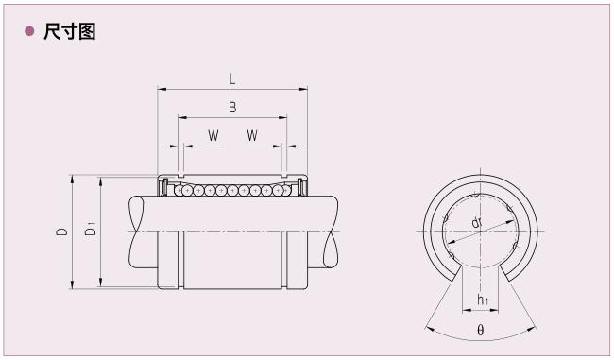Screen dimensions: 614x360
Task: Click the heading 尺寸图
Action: pos(70,31)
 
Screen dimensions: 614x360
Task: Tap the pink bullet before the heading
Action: pos(29,31)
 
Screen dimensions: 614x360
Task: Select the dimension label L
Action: pos(232,79)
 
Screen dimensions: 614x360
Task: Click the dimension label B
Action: pos(232,108)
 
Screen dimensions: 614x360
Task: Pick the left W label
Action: pos(213,135)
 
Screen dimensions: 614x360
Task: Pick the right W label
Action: pos(252,135)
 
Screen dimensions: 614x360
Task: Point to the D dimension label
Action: pos(61,231)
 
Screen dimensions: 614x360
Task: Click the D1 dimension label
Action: pos(91,229)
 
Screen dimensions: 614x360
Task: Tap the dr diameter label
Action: pos(476,223)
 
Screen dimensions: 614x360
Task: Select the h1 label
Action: pos(483,300)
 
